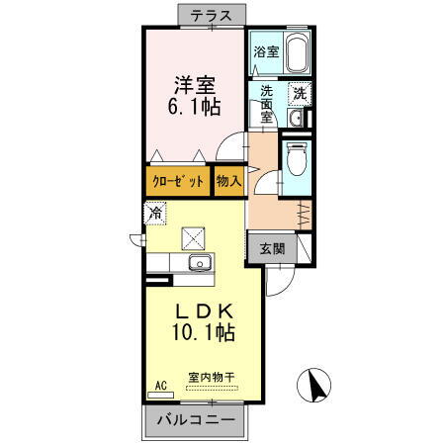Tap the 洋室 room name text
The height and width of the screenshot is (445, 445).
[194, 83]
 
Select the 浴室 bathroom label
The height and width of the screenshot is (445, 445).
[264, 51]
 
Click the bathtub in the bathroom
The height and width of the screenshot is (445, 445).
[298, 53]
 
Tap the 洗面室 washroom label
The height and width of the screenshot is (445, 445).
[266, 104]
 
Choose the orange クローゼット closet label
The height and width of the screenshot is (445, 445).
[178, 181]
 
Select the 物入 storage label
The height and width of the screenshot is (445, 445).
[228, 181]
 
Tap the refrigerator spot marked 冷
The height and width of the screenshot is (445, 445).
[155, 213]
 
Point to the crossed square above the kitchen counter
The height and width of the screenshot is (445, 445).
[192, 238]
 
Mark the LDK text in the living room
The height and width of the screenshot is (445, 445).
[198, 310]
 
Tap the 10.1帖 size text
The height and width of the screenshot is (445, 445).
[198, 332]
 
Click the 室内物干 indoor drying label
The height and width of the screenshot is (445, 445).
[211, 376]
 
